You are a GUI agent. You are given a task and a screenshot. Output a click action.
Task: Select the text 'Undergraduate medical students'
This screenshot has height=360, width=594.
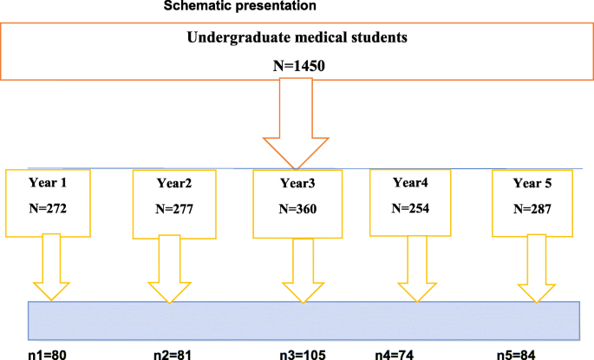[297, 38]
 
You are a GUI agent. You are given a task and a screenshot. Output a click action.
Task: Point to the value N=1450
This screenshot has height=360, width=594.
[297, 66]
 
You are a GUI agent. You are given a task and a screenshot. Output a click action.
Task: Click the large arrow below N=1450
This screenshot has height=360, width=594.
[297, 130]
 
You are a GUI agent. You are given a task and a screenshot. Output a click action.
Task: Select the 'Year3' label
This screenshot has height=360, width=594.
[297, 185]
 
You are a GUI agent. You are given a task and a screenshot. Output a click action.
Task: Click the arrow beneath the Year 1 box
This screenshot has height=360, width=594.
[54, 269]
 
